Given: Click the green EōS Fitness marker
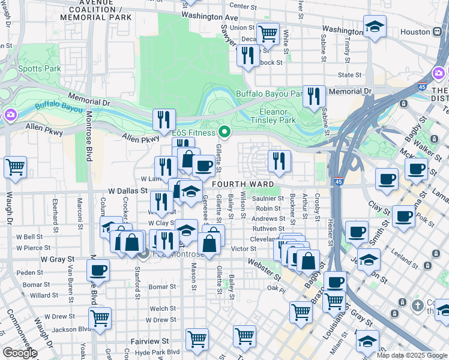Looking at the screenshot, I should pos(224,131).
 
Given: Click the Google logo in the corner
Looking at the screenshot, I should pos(19,353).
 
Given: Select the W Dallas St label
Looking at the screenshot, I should pos(128,190).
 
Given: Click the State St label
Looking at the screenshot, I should pos(349,75).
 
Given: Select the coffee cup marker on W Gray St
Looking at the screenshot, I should pos(98,270).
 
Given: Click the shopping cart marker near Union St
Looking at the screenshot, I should pos(268,33).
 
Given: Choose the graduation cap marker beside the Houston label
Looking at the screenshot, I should pos(375,26).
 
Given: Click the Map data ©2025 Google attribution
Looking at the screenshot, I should pos(412,355).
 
